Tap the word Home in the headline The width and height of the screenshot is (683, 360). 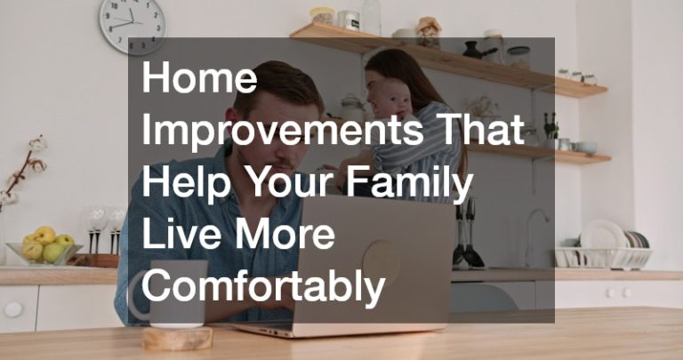click(199, 77)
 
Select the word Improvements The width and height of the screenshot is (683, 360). click(282, 132)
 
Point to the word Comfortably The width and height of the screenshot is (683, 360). click(263, 285)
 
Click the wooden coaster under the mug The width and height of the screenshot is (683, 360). click(177, 338)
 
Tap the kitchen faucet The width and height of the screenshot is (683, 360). click(534, 237)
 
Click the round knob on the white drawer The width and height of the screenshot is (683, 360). click(13, 309)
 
